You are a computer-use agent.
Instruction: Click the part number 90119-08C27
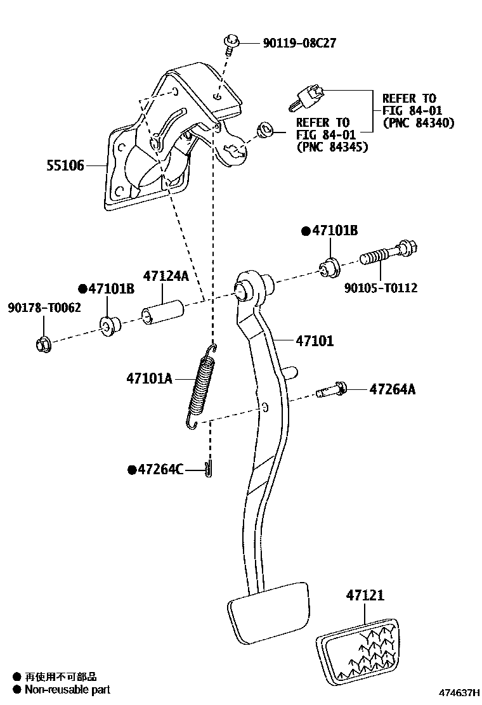tap(299, 43)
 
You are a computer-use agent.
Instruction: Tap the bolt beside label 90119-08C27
tap(230, 44)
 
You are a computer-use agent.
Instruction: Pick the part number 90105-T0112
tap(381, 288)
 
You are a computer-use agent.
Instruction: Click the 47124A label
tap(166, 276)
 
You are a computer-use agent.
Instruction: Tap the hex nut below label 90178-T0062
tap(42, 344)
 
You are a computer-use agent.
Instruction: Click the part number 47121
tap(365, 595)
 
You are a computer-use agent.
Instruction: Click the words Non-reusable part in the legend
tap(67, 689)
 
